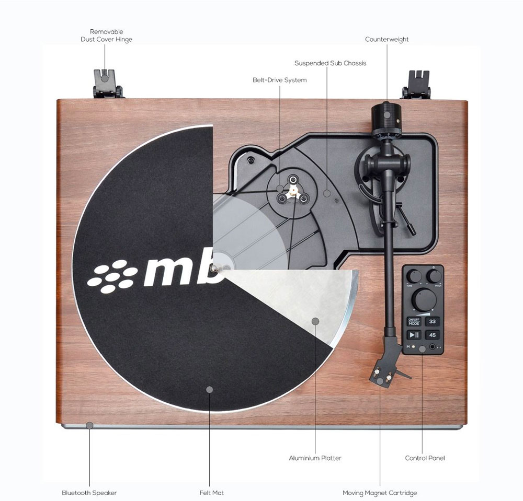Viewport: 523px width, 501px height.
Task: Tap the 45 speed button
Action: tap(432, 335)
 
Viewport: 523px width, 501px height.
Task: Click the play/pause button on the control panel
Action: tap(414, 335)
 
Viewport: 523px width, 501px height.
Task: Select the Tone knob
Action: tap(414, 275)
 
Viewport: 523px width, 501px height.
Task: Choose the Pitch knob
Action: tap(433, 275)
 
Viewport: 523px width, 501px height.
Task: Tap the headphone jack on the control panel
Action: tap(433, 347)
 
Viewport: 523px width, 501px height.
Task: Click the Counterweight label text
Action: tap(386, 39)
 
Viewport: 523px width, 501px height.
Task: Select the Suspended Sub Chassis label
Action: tap(330, 63)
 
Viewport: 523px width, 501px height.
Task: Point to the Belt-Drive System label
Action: tap(279, 80)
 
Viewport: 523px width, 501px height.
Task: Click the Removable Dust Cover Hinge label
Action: tap(106, 36)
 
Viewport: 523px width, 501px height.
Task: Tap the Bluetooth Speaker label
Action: tap(89, 493)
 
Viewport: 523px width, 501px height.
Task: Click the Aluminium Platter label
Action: tap(315, 458)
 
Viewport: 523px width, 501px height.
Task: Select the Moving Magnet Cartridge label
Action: tap(380, 493)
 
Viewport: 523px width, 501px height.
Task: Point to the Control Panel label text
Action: tap(425, 458)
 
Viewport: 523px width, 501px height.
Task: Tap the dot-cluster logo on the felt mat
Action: tap(112, 276)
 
